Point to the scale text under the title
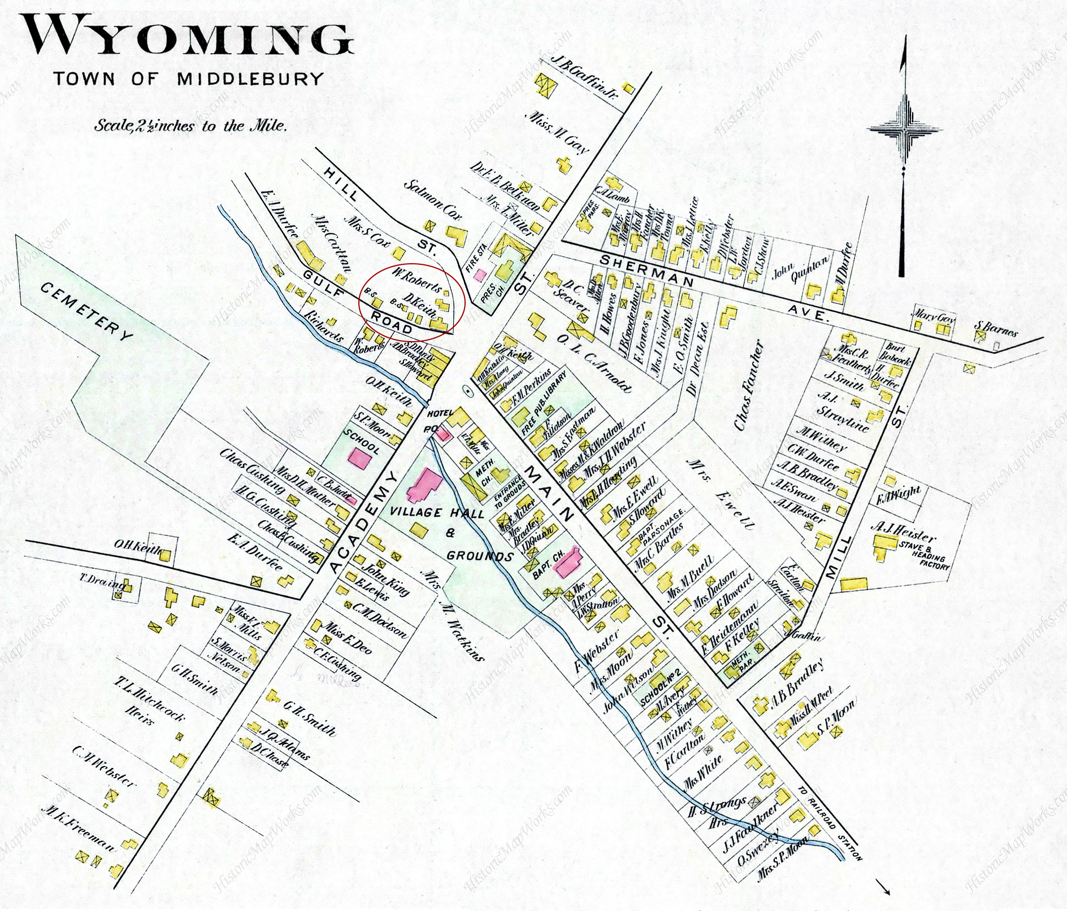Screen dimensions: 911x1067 [190, 125]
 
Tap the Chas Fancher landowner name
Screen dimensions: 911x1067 [749, 386]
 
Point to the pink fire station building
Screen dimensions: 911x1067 [480, 275]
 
